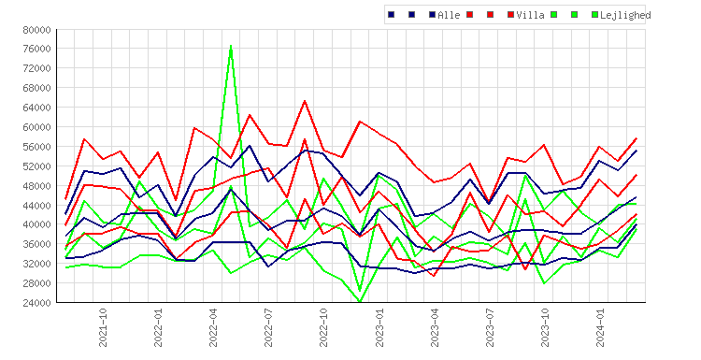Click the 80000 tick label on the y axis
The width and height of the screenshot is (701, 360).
point(36,30)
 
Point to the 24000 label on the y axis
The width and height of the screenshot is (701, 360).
point(36,302)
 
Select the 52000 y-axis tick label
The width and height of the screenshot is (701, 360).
point(36,166)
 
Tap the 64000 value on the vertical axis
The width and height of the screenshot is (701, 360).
point(36,108)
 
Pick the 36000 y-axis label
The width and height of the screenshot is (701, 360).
point(36,244)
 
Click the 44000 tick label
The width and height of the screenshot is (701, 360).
point(36,206)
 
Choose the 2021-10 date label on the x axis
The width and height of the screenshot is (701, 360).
point(103,327)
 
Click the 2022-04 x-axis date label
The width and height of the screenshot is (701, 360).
point(213,327)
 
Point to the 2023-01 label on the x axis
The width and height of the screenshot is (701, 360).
point(379,327)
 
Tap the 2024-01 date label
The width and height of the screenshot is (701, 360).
point(600,327)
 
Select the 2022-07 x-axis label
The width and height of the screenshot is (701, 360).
point(268,327)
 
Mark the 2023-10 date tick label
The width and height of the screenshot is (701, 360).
point(545,327)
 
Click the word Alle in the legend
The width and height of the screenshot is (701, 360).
point(449,15)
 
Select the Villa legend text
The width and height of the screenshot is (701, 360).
point(530,15)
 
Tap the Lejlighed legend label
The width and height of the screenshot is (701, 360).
point(625,15)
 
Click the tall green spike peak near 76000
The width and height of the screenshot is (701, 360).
point(231,46)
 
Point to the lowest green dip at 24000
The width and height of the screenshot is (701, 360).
point(360,301)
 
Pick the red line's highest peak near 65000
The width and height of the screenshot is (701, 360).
point(305,101)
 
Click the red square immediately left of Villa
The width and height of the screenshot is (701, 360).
point(510,15)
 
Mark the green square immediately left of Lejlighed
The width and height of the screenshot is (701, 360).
point(594,15)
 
